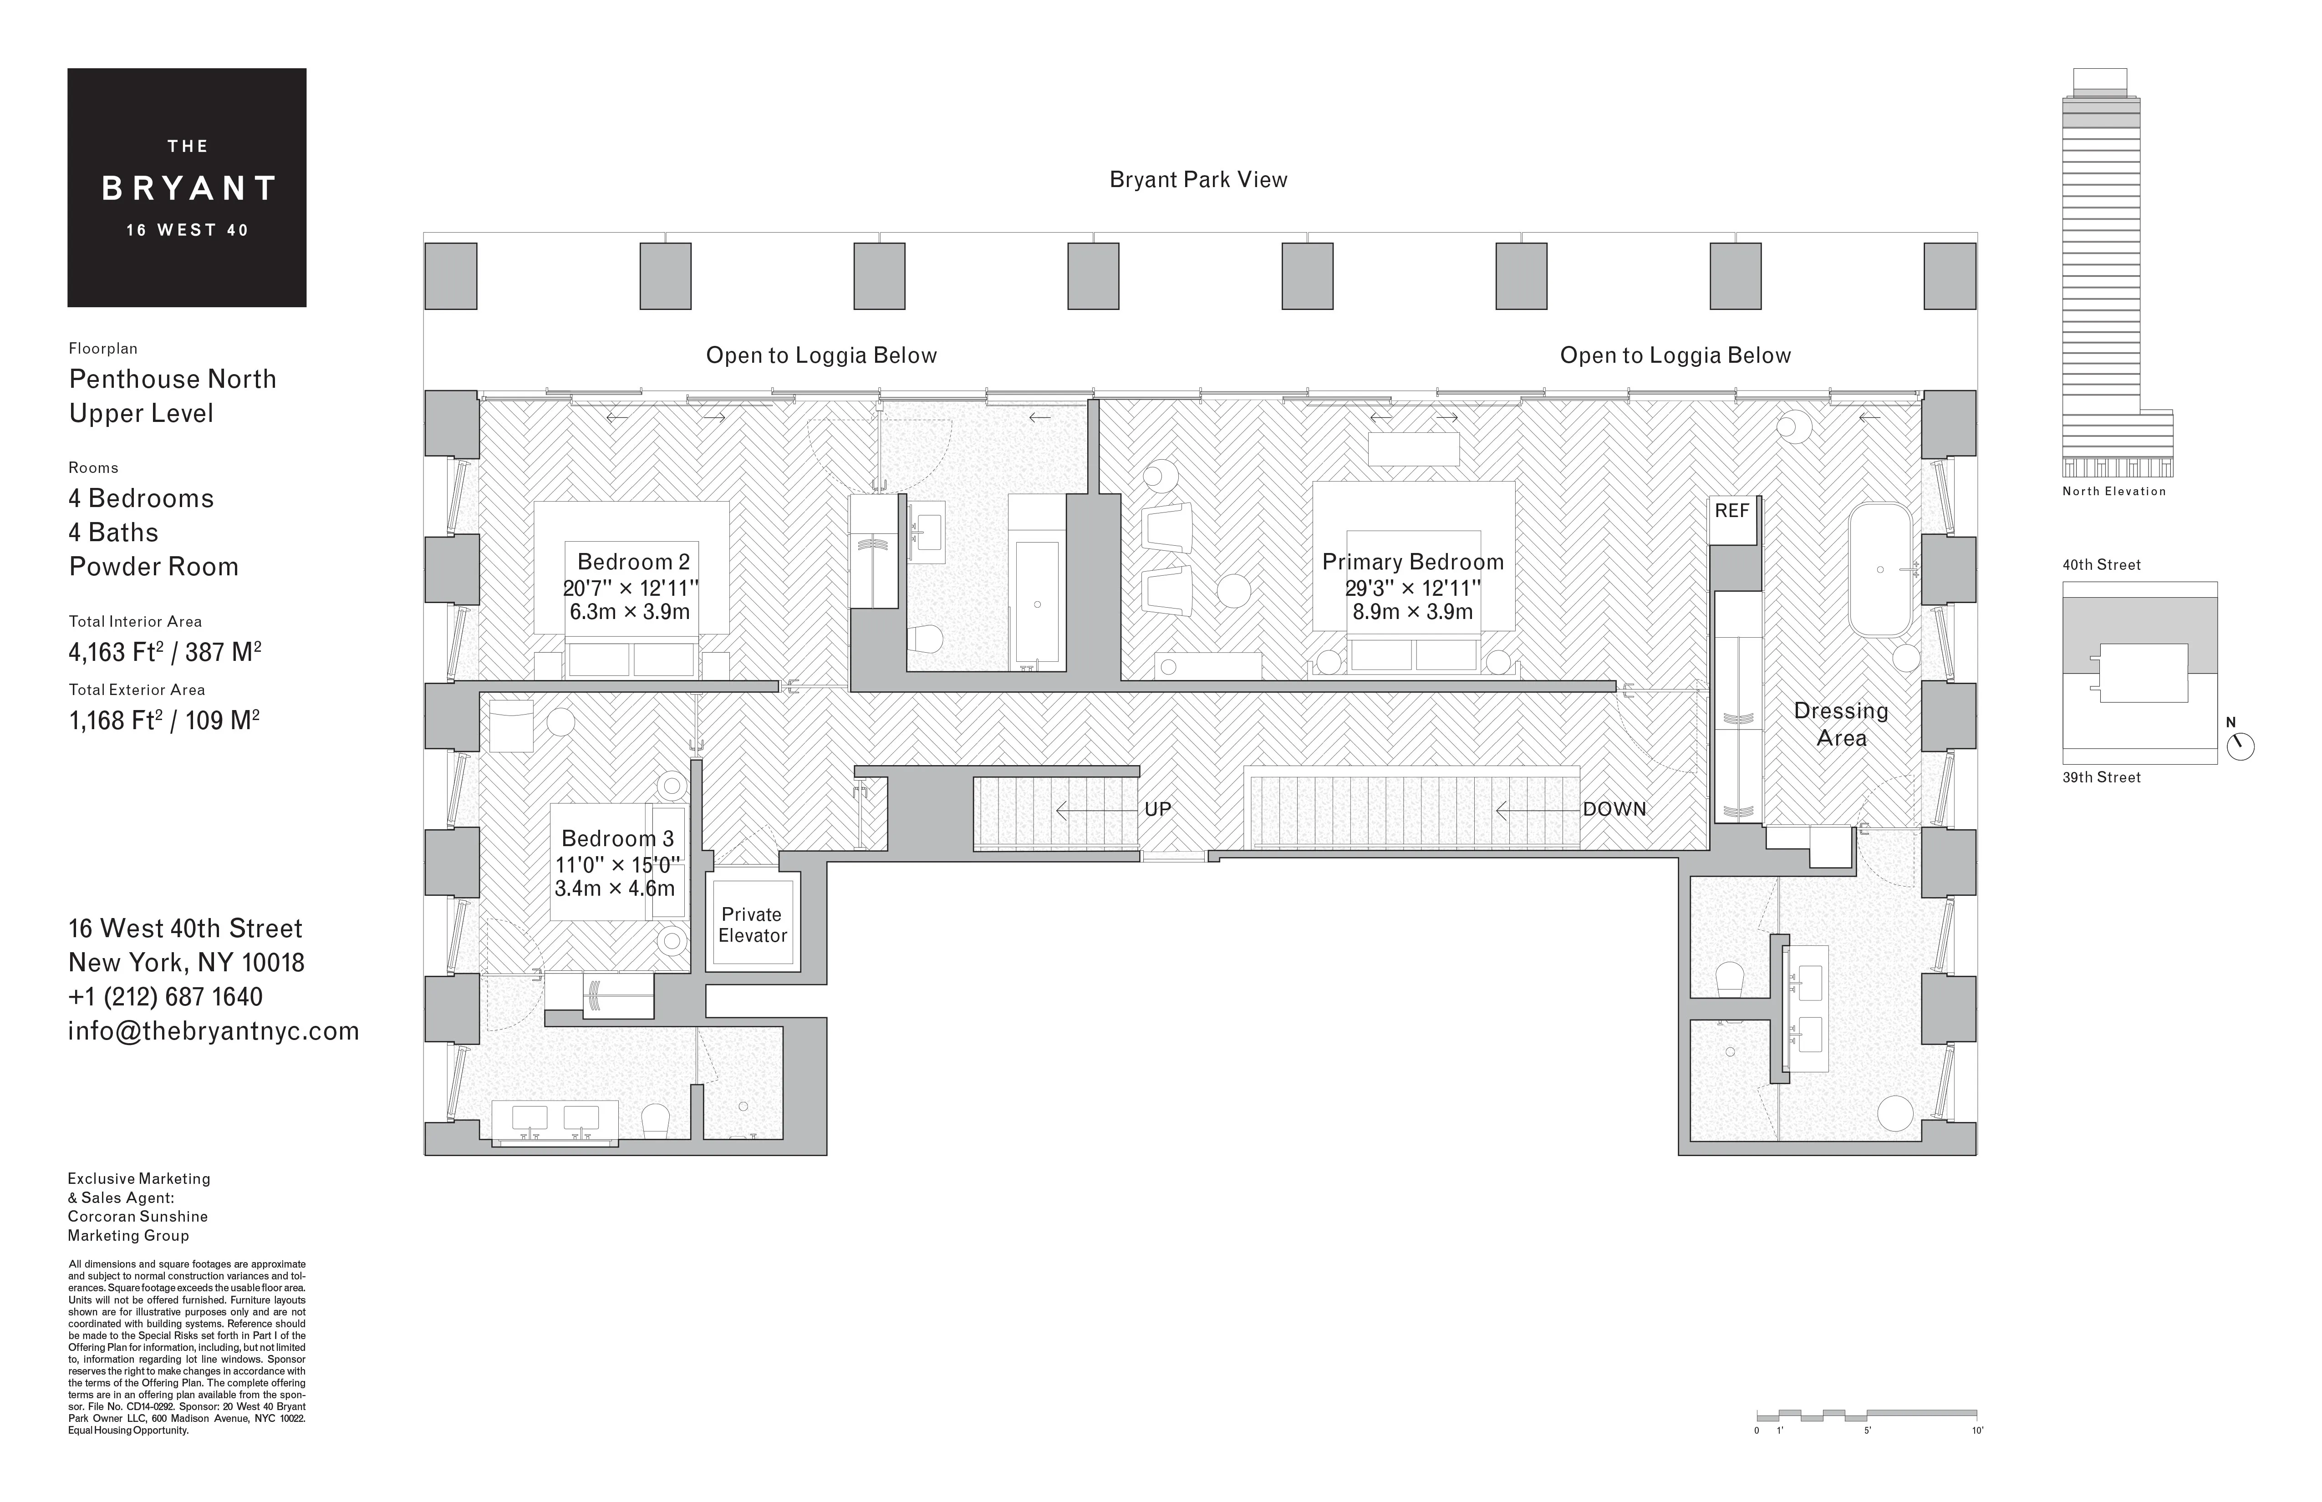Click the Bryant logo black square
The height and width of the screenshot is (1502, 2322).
click(186, 187)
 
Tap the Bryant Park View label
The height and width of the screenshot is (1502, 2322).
click(1198, 179)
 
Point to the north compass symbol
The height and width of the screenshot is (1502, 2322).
click(2241, 746)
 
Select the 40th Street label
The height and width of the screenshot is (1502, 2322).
click(2102, 565)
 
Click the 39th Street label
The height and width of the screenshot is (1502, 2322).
click(2102, 777)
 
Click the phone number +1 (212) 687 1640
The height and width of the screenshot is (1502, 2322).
click(165, 997)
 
